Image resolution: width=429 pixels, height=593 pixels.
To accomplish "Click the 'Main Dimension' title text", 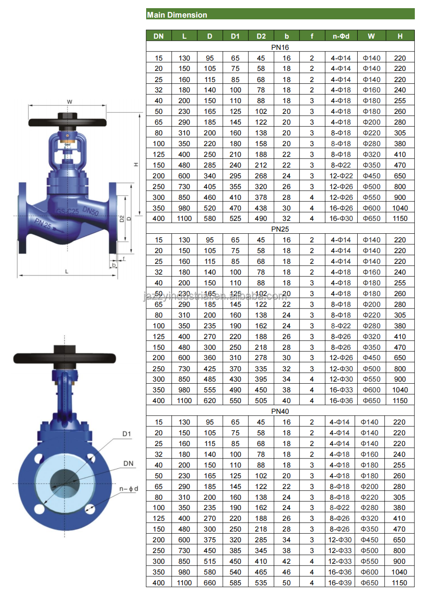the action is click(x=177, y=15).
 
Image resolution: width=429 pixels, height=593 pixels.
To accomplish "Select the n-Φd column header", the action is click(x=341, y=36).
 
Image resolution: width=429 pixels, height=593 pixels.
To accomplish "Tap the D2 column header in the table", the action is click(x=261, y=36).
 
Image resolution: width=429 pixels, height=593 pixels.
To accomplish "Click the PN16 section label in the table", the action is click(x=280, y=47).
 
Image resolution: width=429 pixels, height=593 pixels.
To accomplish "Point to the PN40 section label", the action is click(x=280, y=411).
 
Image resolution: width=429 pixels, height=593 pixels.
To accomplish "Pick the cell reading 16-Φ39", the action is click(x=340, y=583).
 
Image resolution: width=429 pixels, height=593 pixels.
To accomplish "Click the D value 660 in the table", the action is click(x=210, y=583).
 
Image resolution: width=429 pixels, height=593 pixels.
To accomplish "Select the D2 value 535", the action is click(x=261, y=583).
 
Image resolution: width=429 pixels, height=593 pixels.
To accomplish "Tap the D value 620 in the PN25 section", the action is click(x=210, y=400).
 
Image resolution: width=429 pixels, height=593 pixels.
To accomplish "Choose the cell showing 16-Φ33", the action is click(x=341, y=390).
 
